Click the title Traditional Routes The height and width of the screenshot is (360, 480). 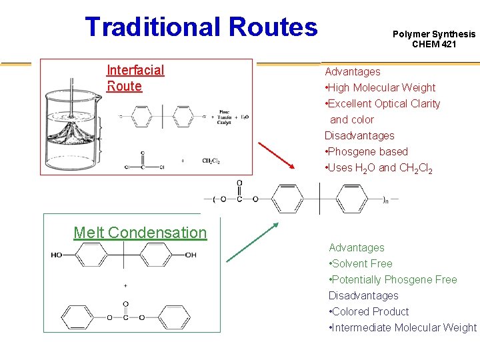[x=201, y=27]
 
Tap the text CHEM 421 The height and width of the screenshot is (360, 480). [x=434, y=45]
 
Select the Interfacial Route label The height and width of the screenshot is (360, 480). [x=135, y=78]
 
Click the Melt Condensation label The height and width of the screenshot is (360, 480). [x=140, y=233]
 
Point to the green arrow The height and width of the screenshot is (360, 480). [x=252, y=242]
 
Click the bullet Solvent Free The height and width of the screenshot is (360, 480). [x=361, y=263]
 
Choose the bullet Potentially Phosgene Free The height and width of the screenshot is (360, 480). [x=393, y=279]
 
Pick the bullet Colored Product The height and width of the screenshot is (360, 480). [x=369, y=311]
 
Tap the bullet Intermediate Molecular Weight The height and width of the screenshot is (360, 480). [x=403, y=327]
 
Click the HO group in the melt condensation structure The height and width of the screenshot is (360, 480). [x=57, y=255]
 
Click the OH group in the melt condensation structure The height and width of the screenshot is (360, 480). [x=191, y=255]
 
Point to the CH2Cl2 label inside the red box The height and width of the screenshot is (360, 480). [x=211, y=160]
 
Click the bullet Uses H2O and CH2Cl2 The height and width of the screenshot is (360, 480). [x=379, y=168]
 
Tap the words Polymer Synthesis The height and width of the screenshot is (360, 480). [x=434, y=34]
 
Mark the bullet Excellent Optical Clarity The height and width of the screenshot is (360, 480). [x=383, y=103]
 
